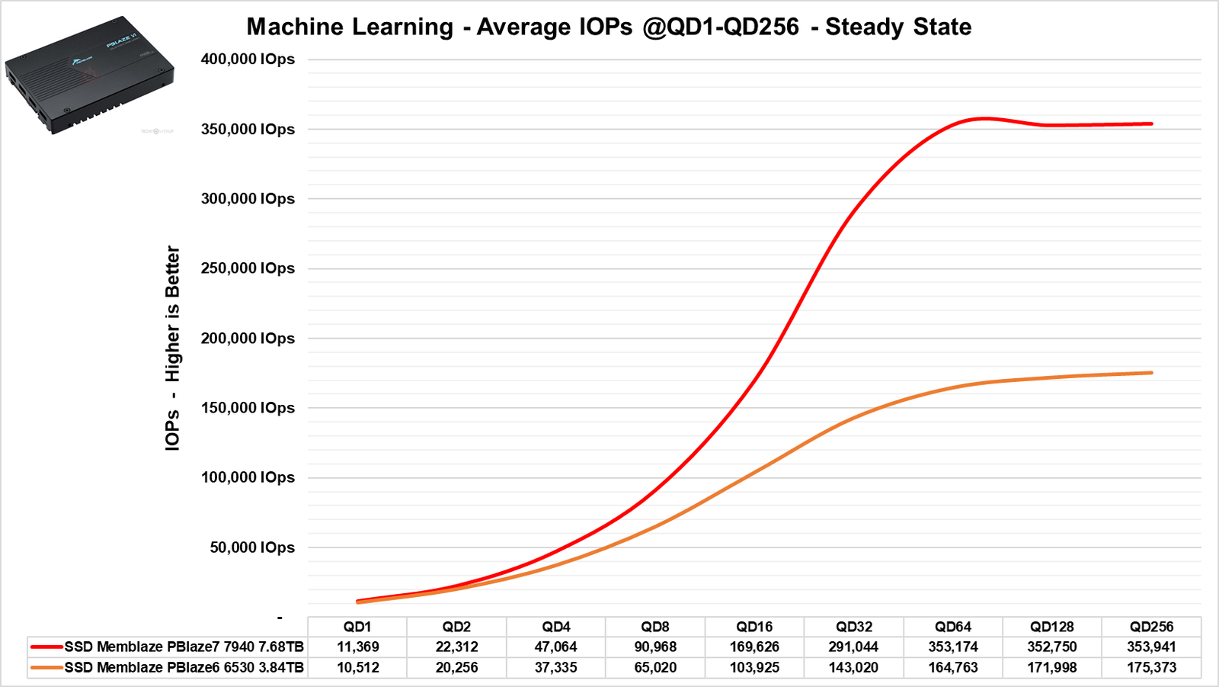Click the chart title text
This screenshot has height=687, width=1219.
[609, 27]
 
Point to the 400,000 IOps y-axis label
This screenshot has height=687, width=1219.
[248, 59]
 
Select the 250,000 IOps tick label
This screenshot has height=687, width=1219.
[248, 268]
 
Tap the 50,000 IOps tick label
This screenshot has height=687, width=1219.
[252, 547]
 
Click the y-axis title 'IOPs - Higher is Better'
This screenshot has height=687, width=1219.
[173, 348]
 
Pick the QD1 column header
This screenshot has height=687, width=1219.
[357, 627]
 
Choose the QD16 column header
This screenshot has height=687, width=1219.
[754, 627]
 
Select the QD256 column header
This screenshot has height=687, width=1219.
[1151, 627]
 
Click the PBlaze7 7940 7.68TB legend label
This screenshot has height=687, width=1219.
[184, 647]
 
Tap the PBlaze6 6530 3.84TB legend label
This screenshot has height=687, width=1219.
[184, 667]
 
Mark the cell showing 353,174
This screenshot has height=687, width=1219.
[953, 647]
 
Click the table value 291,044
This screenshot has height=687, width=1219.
[853, 647]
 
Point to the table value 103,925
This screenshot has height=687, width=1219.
[754, 667]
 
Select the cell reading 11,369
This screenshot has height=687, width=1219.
[357, 647]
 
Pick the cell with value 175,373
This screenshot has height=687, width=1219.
[1151, 667]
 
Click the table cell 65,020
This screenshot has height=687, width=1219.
[655, 667]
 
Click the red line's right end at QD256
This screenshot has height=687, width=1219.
[1151, 124]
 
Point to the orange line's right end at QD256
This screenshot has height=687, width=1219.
[1151, 373]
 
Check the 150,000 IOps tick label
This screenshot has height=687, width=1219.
[248, 408]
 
